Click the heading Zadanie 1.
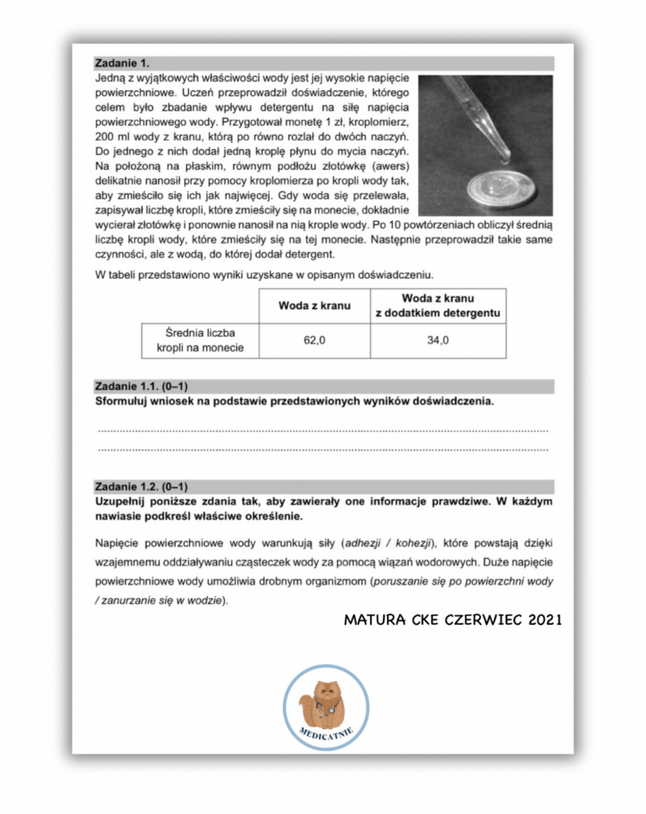pyautogui.click(x=122, y=63)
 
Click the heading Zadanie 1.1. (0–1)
pyautogui.click(x=140, y=386)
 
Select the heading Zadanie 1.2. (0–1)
pyautogui.click(x=140, y=486)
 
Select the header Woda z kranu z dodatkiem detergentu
pyautogui.click(x=438, y=306)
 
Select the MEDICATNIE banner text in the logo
pyautogui.click(x=326, y=733)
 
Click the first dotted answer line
pyautogui.click(x=323, y=430)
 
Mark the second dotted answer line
pyautogui.click(x=323, y=449)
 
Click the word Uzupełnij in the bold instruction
pyautogui.click(x=122, y=502)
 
